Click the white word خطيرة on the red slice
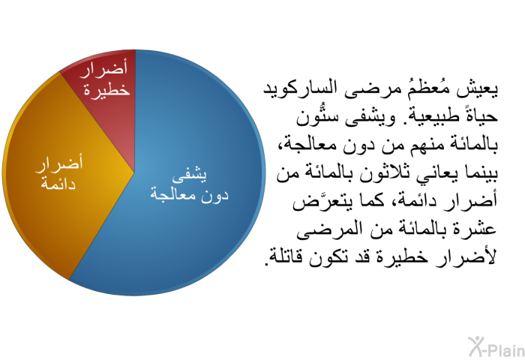tap(106, 90)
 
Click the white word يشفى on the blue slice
tap(190, 175)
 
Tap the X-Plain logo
tap(496, 347)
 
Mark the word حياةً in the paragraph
tap(478, 116)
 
